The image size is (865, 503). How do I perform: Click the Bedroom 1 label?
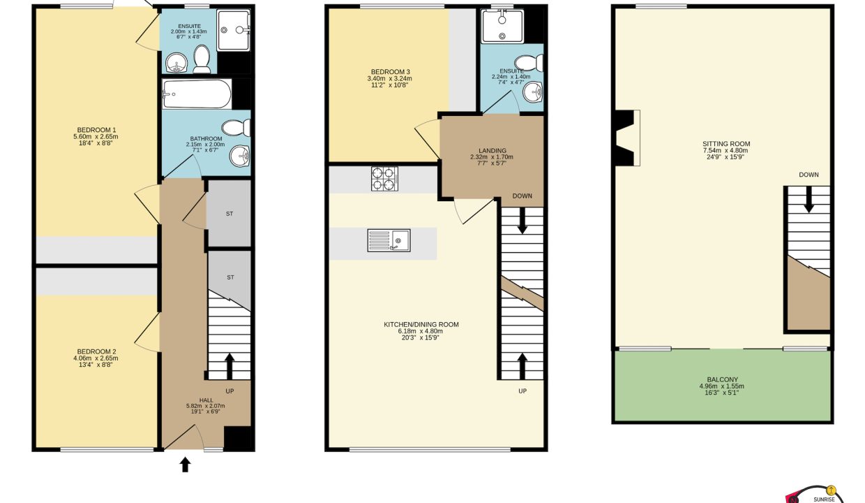point(97,130)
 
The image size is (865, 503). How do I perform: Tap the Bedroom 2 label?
point(97,351)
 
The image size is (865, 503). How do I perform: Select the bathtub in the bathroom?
point(196,94)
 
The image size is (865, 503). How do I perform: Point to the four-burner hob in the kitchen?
point(384,179)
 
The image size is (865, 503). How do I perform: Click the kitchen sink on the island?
point(389,240)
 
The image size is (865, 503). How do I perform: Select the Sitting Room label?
point(726,144)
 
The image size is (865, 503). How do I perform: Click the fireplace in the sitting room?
point(627,138)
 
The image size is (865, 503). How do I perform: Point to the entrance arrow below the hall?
point(185,465)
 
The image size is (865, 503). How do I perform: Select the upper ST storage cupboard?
point(229,213)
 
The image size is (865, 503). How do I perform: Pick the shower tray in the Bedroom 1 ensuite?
point(234,30)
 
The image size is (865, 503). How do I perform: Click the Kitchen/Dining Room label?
point(421,324)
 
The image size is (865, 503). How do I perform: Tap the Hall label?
point(206,400)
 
